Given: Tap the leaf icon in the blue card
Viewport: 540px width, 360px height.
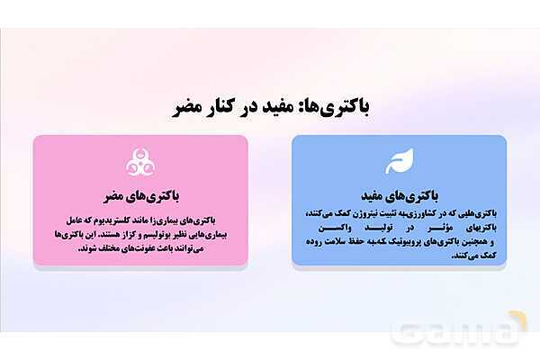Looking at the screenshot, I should tap(399, 163).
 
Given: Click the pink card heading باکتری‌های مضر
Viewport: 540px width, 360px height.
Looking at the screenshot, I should tap(139, 194).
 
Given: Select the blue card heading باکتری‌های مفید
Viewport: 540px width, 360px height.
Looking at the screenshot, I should tap(399, 194).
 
